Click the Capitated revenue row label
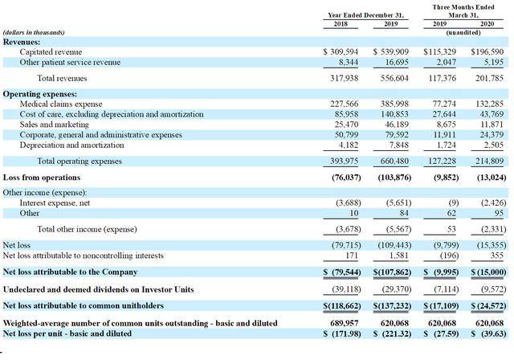click(x=51, y=51)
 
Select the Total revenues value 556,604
click(x=394, y=78)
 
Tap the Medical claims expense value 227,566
click(x=345, y=104)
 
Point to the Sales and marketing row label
click(x=54, y=125)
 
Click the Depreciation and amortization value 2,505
click(x=493, y=145)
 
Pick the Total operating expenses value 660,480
click(x=394, y=161)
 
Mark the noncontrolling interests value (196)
click(x=448, y=256)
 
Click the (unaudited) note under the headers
click(x=463, y=33)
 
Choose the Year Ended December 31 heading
click(x=366, y=15)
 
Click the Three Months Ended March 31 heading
click(x=463, y=10)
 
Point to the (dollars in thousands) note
click(x=34, y=32)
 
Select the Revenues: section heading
click(x=22, y=42)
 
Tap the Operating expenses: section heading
click(x=40, y=94)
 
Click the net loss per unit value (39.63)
click(x=488, y=333)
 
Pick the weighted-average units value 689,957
click(x=345, y=323)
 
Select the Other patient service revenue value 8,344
click(x=349, y=63)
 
